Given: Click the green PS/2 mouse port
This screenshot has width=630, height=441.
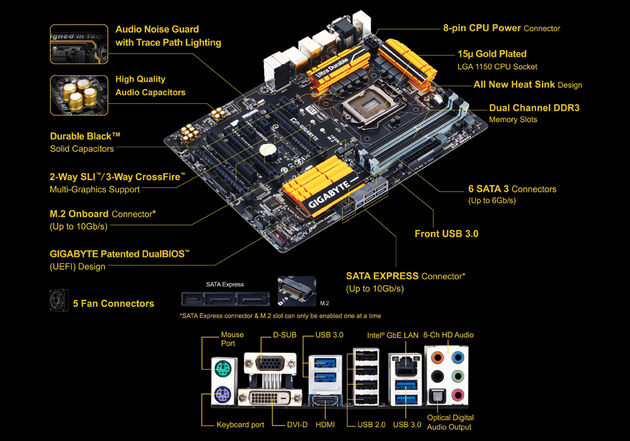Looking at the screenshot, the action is (222, 368).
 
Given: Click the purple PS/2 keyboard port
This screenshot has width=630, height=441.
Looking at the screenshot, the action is (222, 394).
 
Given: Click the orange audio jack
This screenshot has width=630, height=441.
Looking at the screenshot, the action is (437, 357).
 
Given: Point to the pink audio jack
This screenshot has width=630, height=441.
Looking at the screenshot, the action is (457, 395).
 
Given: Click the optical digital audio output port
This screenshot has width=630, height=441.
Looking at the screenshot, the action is (437, 396).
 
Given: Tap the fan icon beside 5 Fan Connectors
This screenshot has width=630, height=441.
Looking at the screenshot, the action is (59, 301).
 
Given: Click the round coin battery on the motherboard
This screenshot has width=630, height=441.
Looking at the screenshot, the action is (266, 150).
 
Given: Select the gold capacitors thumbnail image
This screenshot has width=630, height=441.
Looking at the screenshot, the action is (79, 96).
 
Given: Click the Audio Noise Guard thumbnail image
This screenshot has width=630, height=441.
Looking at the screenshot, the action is (79, 44).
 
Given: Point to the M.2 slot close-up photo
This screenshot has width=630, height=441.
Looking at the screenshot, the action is (297, 291).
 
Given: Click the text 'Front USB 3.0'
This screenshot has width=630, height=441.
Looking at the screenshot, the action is (447, 234).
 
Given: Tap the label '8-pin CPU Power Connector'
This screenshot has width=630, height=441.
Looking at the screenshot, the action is (501, 28).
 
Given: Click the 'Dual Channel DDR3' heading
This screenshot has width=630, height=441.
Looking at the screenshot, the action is (534, 108).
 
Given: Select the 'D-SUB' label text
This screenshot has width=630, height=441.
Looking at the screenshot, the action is (285, 335).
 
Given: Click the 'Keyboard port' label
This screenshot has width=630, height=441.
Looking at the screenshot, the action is (240, 425).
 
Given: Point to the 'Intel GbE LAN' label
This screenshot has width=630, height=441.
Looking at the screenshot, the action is (392, 335).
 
